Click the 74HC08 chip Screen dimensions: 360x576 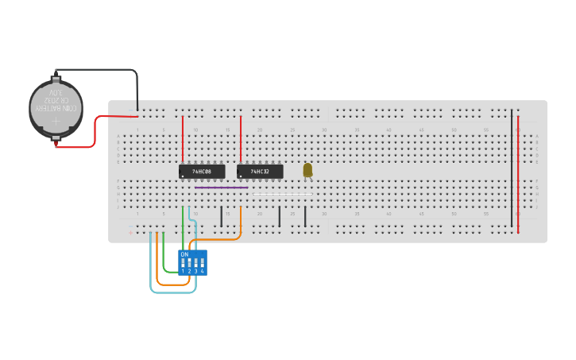point(202,171)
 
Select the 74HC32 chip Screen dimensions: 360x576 point(260,171)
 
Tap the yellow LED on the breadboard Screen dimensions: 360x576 point(307,169)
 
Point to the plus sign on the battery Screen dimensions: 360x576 point(56,122)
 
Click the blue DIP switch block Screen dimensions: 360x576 point(193,262)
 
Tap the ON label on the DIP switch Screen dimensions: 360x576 point(184,254)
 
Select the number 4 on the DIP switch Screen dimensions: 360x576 point(203,271)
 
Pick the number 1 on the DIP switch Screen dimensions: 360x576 point(183,271)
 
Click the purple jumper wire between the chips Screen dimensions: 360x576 point(222,188)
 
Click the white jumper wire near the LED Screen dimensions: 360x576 point(282,193)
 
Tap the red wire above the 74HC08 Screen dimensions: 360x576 point(183,139)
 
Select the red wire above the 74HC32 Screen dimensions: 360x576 point(241,139)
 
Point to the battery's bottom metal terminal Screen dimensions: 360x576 point(56,141)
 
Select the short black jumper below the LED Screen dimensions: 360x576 point(305,216)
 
